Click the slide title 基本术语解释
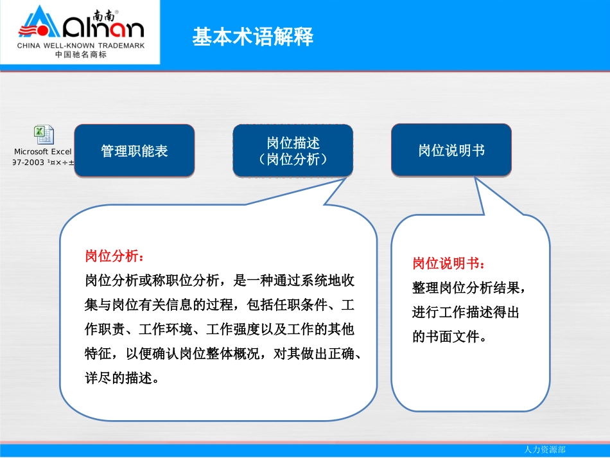(x=252, y=37)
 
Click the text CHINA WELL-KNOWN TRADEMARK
(x=81, y=46)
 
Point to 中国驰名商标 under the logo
(x=81, y=55)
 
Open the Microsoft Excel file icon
(x=44, y=135)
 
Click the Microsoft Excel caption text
(x=43, y=152)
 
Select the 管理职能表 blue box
(x=134, y=151)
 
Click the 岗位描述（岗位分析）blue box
(x=293, y=151)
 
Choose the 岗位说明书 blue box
(x=451, y=151)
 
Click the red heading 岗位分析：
(x=110, y=256)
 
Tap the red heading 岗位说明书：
(x=449, y=263)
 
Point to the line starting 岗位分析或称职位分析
(x=220, y=281)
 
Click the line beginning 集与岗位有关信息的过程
(x=219, y=305)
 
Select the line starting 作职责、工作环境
(x=219, y=330)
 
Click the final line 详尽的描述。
(x=121, y=378)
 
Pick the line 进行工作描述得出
(x=466, y=312)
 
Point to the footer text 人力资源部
(x=545, y=450)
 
